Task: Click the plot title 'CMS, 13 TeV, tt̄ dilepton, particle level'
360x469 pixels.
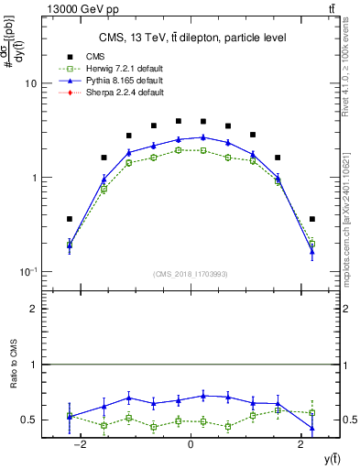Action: tap(192, 38)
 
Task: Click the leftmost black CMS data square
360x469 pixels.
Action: tap(70, 219)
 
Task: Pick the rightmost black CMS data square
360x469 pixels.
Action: tap(311, 219)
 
